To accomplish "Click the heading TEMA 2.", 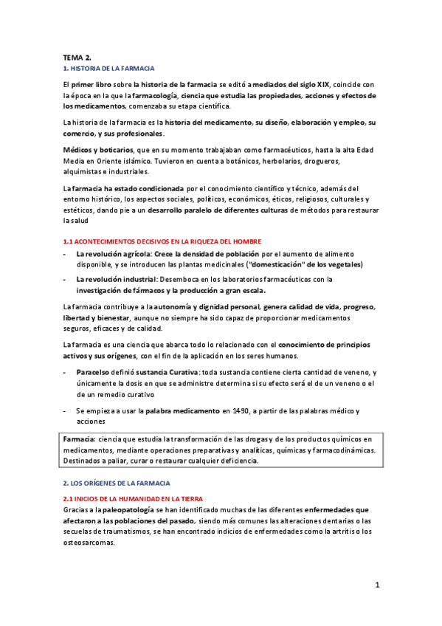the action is (x=76, y=56).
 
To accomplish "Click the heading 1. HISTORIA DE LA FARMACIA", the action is (x=107, y=67).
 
